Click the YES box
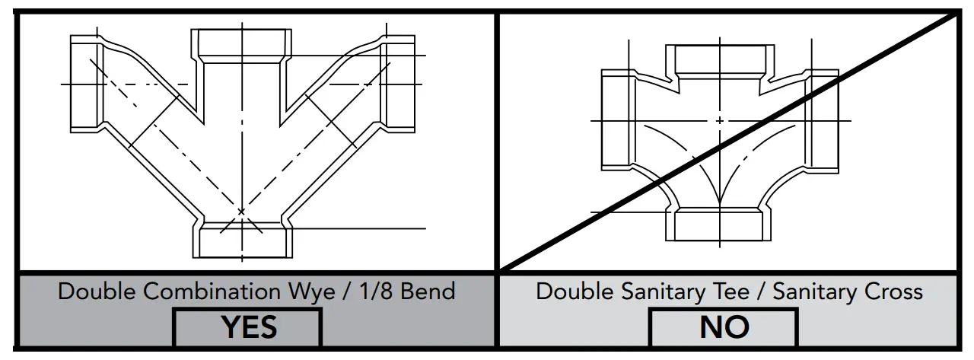click(x=247, y=327)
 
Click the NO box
click(x=724, y=327)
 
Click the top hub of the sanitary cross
click(x=718, y=59)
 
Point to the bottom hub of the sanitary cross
click(x=718, y=225)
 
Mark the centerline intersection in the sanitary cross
click(x=719, y=120)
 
